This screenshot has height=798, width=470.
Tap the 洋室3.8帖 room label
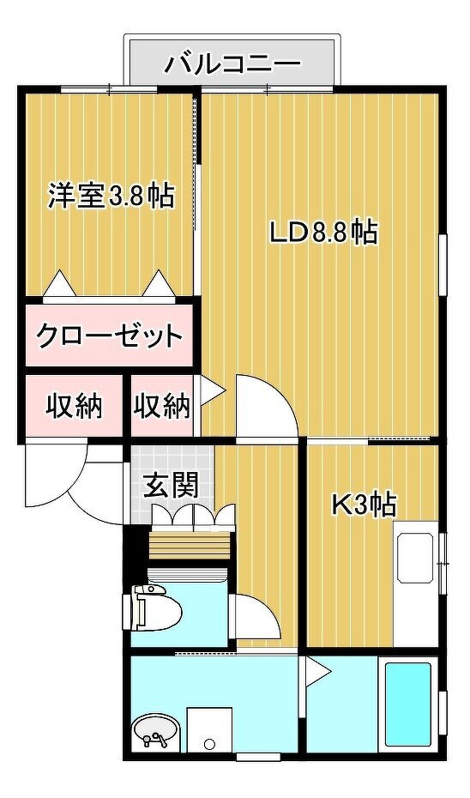tap(111, 196)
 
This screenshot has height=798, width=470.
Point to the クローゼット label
tap(110, 336)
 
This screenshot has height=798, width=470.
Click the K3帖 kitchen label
tap(365, 505)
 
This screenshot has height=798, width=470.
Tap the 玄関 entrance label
tap(171, 486)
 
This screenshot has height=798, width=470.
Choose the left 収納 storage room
tap(75, 406)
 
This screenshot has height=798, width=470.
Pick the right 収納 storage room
tap(162, 406)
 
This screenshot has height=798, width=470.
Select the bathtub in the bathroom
tap(409, 704)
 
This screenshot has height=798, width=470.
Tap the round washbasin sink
tap(155, 732)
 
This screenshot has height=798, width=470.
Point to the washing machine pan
tap(209, 729)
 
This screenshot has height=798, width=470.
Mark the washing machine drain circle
tap(209, 744)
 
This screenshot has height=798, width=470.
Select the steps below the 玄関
tap(190, 545)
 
